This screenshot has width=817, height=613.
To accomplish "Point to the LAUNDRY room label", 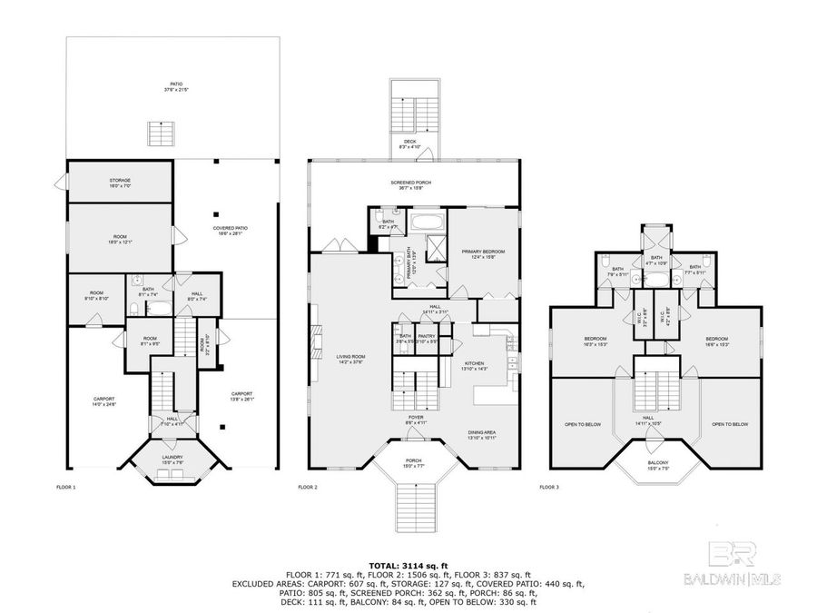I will click(172, 460).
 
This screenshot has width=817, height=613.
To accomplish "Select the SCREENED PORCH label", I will click(411, 184).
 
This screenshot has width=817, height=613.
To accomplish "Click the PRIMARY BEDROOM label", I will click(482, 253).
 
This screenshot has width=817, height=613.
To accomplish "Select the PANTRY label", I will click(428, 338).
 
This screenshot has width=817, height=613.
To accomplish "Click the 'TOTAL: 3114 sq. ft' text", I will click(408, 564).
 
